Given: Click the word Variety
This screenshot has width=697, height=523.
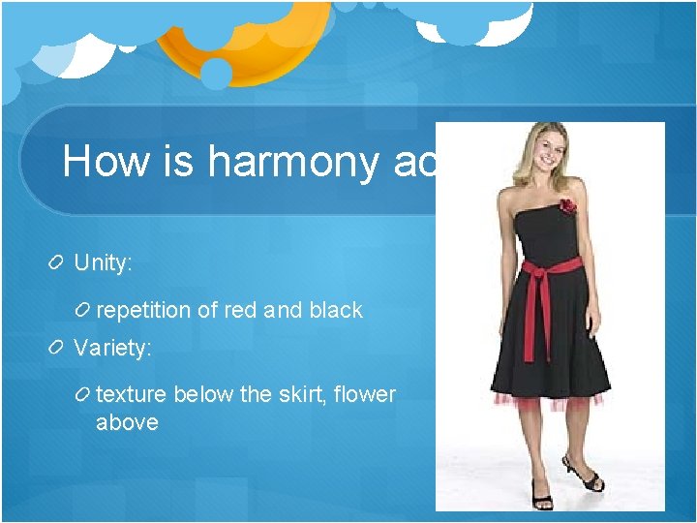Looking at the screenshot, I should click(113, 348).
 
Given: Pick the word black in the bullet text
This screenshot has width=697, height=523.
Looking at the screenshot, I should click(336, 310).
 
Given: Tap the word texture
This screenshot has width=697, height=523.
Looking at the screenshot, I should click(132, 394).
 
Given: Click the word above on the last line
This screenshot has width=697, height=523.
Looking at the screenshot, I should click(127, 422).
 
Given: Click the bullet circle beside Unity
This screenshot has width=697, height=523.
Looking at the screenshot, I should click(57, 262).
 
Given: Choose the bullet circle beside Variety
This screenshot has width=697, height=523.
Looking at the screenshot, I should click(57, 348).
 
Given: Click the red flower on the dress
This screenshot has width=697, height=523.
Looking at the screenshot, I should click(565, 205).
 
